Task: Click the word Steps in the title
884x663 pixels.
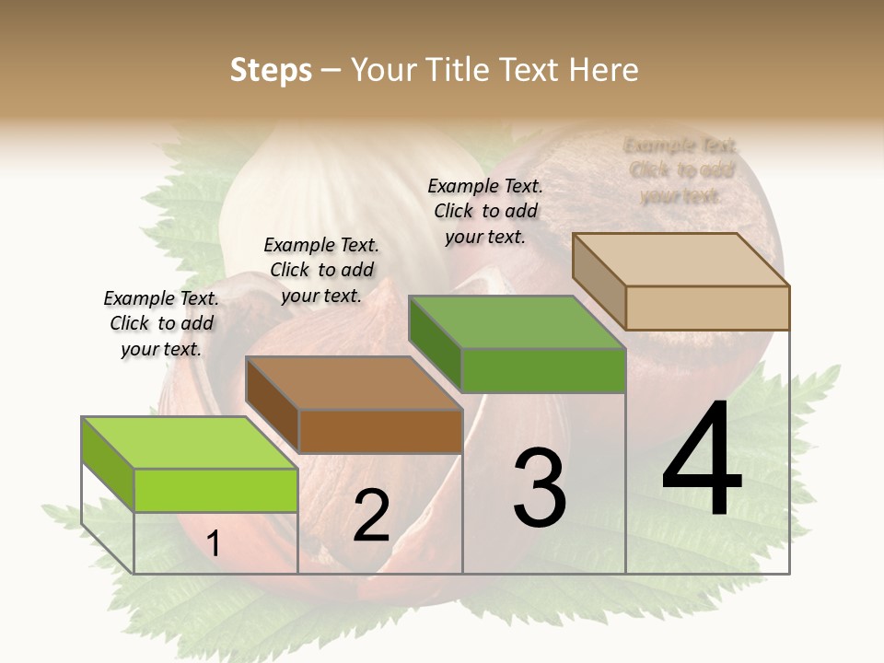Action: [x=271, y=70]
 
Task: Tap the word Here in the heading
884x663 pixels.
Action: [x=604, y=70]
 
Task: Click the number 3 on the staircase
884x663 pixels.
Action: [x=540, y=488]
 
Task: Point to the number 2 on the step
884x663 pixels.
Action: [x=372, y=516]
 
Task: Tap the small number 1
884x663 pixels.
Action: [x=214, y=544]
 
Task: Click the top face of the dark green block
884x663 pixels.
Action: [x=517, y=322]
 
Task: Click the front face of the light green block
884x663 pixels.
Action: [x=216, y=490]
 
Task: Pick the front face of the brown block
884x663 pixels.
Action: [x=380, y=431]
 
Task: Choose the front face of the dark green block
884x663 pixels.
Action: [x=543, y=370]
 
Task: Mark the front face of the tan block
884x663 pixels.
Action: [x=707, y=308]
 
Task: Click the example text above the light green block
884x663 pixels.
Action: [x=162, y=323]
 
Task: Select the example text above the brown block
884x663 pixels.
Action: [x=321, y=270]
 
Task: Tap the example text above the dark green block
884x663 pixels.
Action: [x=485, y=211]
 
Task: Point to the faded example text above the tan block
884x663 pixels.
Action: [x=681, y=170]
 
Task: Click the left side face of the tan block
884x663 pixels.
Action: [x=599, y=280]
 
